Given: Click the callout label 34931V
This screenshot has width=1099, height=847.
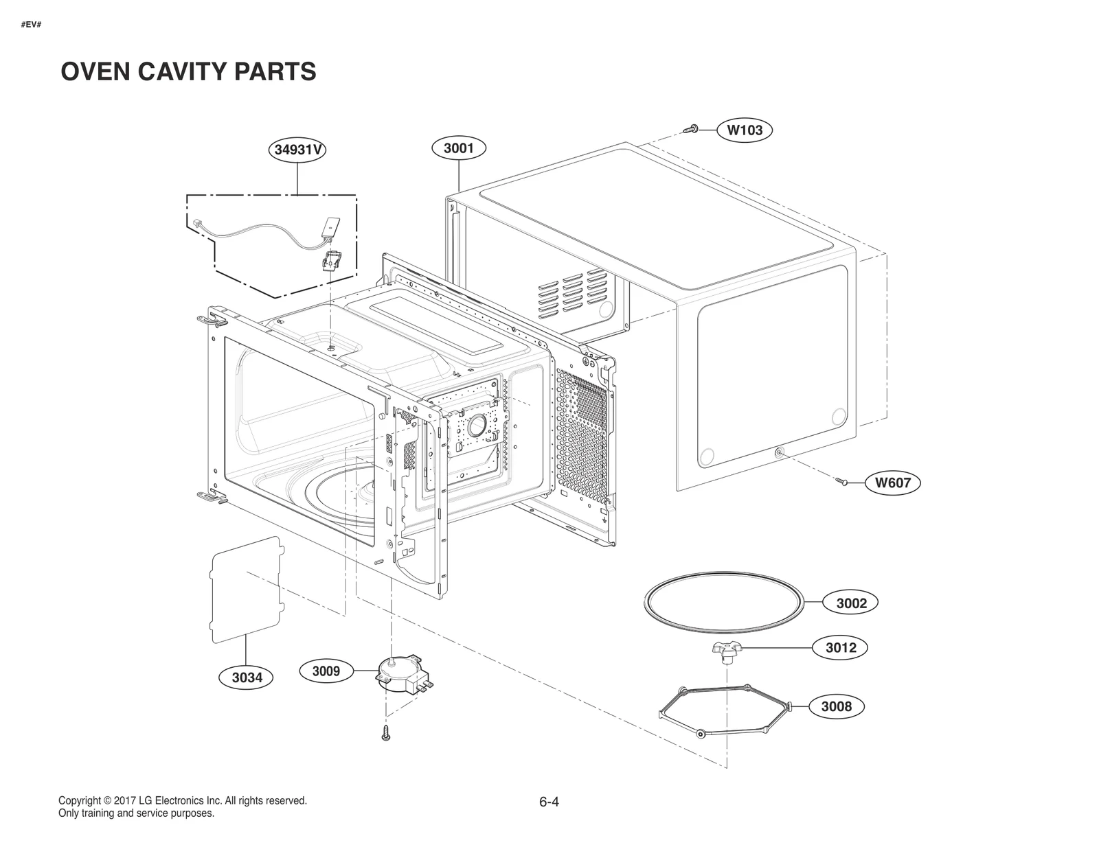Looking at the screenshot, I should pos(297,150).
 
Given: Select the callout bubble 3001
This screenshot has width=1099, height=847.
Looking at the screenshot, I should pos(458,148).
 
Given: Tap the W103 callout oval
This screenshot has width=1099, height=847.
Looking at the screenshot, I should pos(745,130).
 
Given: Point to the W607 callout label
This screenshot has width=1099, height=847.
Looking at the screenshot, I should pos(892,483).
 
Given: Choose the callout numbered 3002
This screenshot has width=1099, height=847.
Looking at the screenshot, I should pos(851,603).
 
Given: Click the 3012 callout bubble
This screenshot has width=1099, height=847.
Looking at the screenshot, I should pos(841,647).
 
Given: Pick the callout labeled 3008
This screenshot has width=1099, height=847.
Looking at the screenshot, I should pos(836,706).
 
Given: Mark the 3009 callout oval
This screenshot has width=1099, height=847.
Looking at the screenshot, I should pos(326,671).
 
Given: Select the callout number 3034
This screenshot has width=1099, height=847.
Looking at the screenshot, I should pos(247,677).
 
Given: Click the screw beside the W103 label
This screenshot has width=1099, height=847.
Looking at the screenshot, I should pos(692,128).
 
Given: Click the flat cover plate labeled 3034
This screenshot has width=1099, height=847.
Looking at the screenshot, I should pos(246,590).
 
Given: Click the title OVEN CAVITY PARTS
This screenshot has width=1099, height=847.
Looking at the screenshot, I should pos(188,71).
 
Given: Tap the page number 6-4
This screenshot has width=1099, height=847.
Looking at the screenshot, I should pos(549,802).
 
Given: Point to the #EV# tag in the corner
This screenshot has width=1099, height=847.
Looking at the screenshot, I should pos(32,25).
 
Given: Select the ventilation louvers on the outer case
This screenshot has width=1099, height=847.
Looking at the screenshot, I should pos(572,291).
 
